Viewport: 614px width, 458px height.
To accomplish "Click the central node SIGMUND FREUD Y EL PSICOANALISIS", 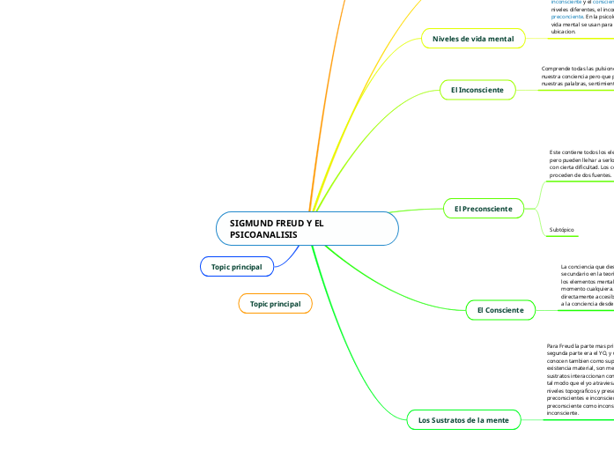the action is pyautogui.click(x=307, y=229).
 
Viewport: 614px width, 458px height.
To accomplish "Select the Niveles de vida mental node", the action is pyautogui.click(x=473, y=39).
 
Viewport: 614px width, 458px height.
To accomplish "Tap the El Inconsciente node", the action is pyautogui.click(x=477, y=90).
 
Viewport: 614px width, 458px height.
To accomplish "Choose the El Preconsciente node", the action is pyautogui.click(x=483, y=208).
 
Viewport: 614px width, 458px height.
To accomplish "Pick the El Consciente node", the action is pyautogui.click(x=499, y=310).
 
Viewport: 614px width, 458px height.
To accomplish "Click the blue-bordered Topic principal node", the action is pyautogui.click(x=237, y=266).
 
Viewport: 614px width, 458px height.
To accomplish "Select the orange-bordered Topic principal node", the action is pyautogui.click(x=275, y=304).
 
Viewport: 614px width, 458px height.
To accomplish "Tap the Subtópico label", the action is pyautogui.click(x=561, y=230).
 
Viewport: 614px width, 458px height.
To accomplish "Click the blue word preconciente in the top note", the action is pyautogui.click(x=566, y=16).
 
